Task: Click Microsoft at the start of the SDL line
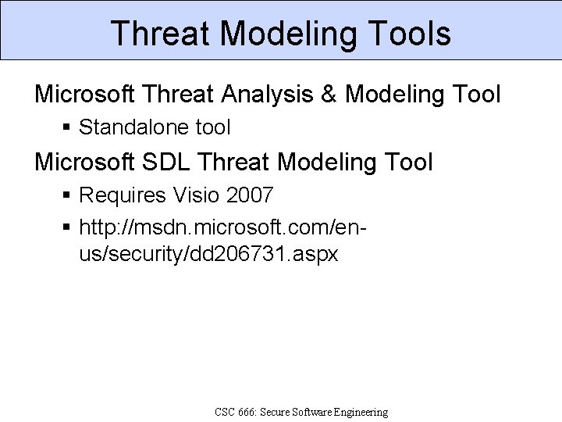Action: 84,162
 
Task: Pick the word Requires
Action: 121,193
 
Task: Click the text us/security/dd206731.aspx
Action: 208,255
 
